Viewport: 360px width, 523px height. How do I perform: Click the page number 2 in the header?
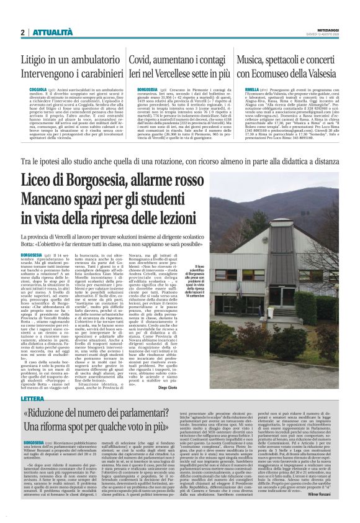tap(22, 32)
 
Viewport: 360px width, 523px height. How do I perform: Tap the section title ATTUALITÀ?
tap(50, 32)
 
